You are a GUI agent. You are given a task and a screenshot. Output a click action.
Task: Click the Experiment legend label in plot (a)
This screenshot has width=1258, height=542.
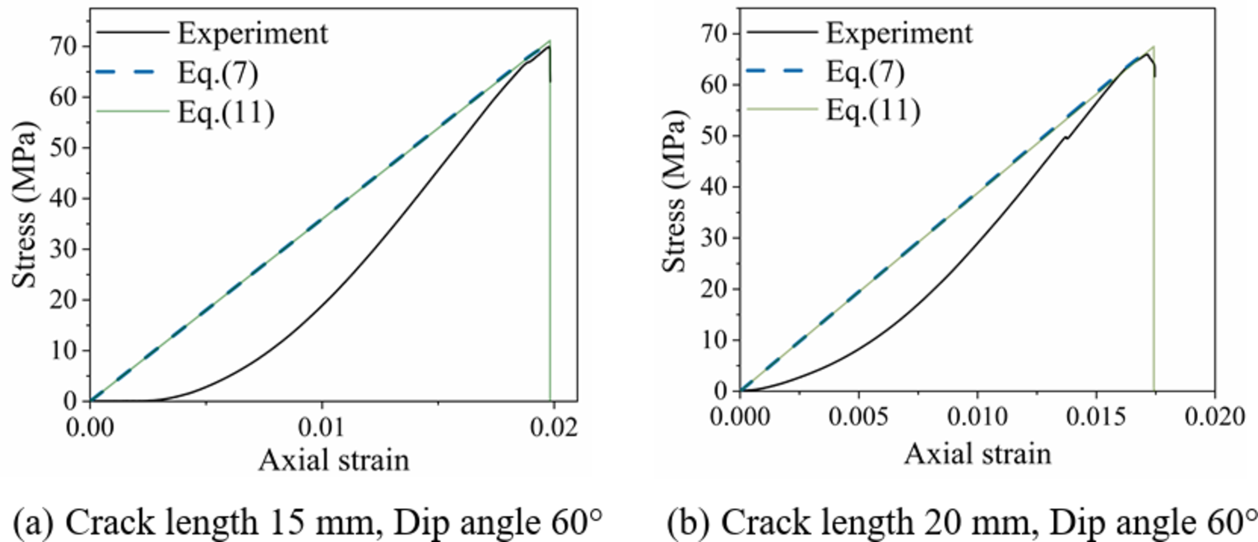[253, 34]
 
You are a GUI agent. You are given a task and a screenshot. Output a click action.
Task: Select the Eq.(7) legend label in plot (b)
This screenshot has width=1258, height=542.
[866, 72]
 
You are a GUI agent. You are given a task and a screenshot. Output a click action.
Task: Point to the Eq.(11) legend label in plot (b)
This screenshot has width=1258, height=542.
[874, 110]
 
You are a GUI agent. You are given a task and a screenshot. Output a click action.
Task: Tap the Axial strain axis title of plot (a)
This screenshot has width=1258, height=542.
[333, 461]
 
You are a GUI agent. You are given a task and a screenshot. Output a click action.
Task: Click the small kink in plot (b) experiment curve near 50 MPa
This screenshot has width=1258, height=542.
[1066, 137]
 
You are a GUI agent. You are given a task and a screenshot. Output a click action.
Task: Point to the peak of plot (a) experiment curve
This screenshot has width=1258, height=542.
[548, 46]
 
